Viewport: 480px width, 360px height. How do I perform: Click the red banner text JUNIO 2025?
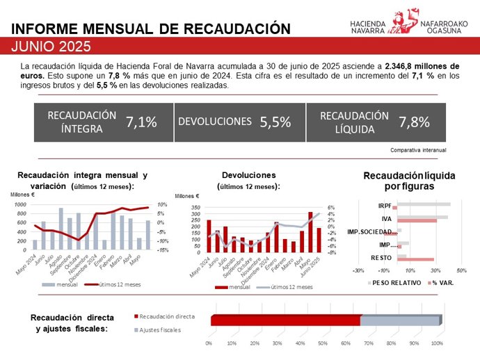(x=52, y=47)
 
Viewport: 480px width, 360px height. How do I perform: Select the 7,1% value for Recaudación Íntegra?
(x=141, y=122)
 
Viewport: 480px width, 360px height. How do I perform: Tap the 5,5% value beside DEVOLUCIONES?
(x=275, y=122)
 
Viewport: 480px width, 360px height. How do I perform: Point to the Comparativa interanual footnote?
(x=418, y=149)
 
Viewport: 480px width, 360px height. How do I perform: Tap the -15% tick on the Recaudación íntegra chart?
(x=162, y=249)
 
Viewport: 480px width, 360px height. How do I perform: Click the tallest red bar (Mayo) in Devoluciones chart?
(x=310, y=231)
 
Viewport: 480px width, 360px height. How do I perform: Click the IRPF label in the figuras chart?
(x=384, y=206)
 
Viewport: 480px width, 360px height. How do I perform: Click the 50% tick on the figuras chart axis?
(x=461, y=270)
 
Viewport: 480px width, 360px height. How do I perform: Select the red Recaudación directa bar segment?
(x=285, y=320)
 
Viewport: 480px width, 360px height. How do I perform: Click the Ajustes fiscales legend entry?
(x=160, y=329)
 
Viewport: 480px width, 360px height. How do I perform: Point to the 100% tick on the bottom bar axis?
(x=437, y=343)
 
